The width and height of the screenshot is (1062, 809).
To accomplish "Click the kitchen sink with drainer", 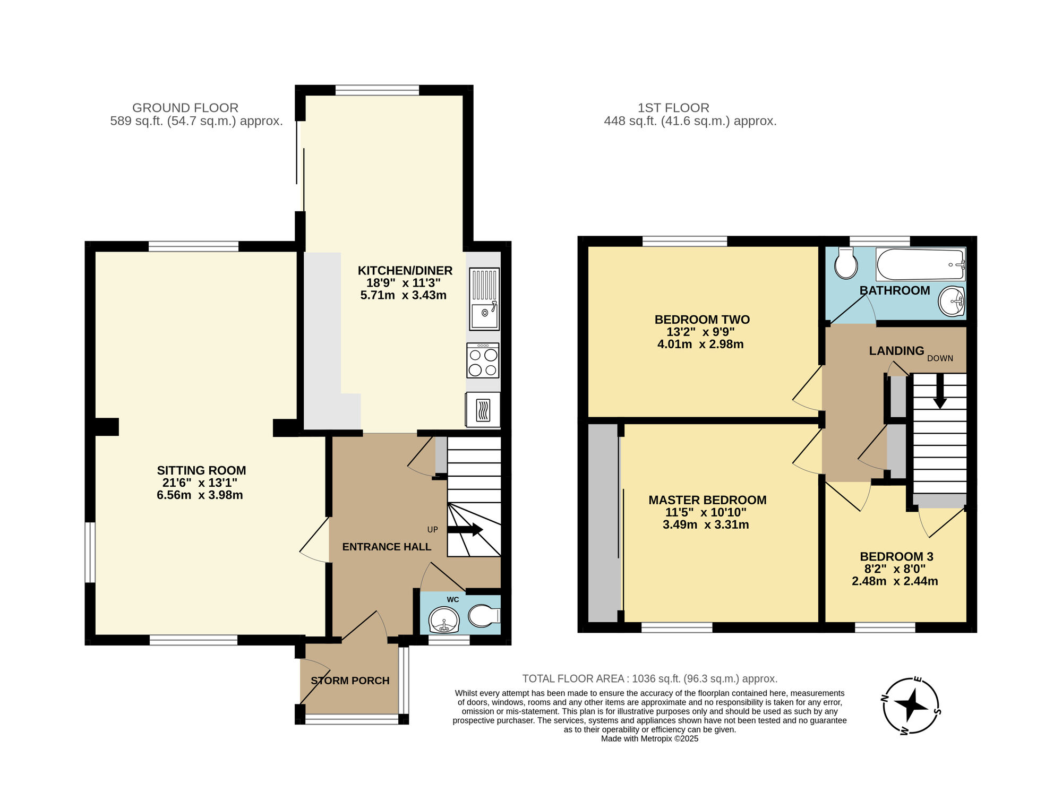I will (x=484, y=299).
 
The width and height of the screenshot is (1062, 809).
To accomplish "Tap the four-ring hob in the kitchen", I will (x=483, y=360).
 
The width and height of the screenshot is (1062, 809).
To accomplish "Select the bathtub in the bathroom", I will (x=920, y=264).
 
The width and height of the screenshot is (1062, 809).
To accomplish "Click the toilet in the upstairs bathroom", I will (x=845, y=263).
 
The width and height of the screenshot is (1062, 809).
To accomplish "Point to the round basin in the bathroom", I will (x=952, y=302).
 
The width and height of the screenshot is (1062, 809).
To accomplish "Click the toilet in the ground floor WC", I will (x=484, y=616).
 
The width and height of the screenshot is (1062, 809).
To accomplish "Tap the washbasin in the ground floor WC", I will (x=443, y=619).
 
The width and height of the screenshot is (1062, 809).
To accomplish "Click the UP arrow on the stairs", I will (x=465, y=529).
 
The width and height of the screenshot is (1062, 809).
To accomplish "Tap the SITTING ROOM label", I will (x=201, y=470).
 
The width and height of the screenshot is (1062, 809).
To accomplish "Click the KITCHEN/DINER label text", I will (x=405, y=271).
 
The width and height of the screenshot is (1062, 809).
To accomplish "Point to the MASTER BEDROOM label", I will (x=707, y=500).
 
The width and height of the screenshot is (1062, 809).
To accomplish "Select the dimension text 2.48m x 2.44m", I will (x=895, y=581).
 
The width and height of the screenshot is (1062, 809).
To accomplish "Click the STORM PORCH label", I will (x=350, y=681).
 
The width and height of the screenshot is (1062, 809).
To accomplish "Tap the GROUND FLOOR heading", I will (x=185, y=108).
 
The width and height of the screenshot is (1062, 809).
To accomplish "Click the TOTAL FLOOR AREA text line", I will (x=649, y=678).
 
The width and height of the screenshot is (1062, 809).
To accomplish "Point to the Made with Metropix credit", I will (x=649, y=738).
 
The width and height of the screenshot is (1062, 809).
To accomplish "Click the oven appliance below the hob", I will (x=483, y=409).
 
